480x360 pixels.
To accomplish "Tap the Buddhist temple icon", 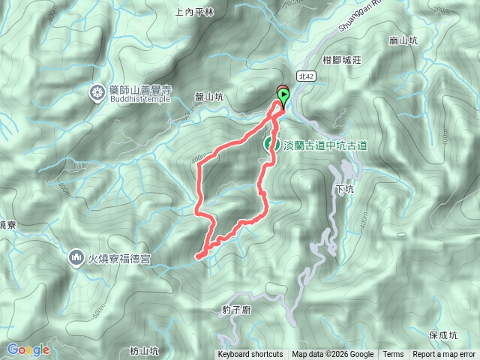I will coord(97,93).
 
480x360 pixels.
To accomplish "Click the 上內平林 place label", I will coord(194,12).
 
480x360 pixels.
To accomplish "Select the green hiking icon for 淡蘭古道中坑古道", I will coord(271,145).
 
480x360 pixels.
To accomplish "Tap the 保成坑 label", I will coord(444,335).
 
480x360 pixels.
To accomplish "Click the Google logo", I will coord(28,349).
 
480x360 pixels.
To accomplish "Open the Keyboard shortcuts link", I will coord(250,355).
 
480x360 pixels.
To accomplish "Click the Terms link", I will coord(393,355).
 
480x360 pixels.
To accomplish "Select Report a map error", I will coord(444,355).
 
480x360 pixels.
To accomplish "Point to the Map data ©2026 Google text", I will coord(333,355).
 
